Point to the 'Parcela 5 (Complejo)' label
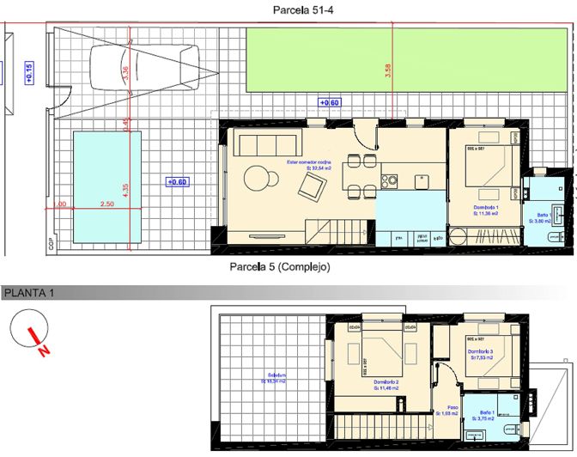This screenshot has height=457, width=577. [x=280, y=267]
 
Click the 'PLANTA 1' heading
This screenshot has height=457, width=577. [x=29, y=294]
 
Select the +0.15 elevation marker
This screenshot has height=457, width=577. [x=28, y=74]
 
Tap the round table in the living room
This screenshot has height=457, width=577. [x=257, y=179]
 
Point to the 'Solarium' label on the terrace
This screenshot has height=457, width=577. [x=276, y=375]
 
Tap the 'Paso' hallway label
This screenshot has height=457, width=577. [x=452, y=409]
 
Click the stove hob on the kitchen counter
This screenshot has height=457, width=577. [x=389, y=180]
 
